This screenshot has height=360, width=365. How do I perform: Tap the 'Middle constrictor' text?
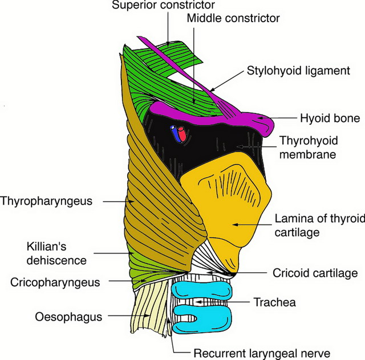coord(234,18)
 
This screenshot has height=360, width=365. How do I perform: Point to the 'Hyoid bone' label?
coord(330,119)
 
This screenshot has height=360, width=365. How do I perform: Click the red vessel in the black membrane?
coord(182,134)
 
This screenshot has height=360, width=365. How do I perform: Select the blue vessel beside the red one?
coord(175,133)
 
